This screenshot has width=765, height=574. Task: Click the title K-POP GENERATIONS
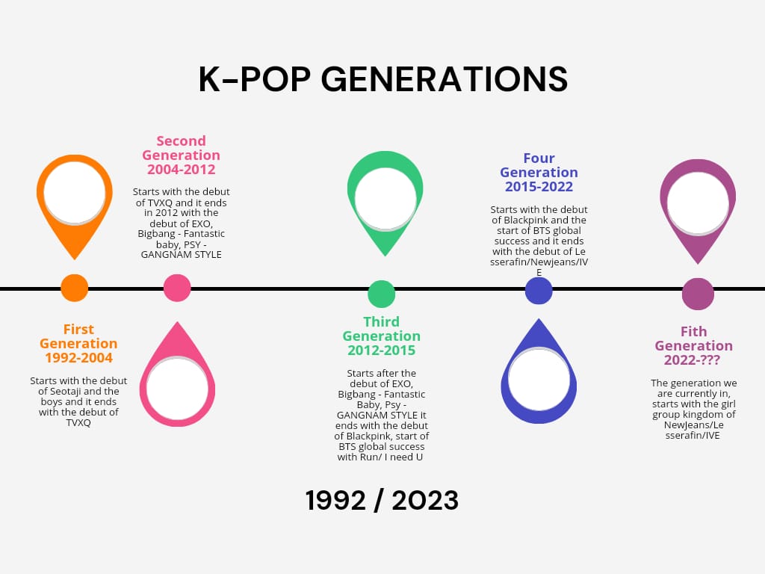[382, 80]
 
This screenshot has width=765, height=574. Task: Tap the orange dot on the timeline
[74, 288]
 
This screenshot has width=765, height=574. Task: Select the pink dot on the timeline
[177, 288]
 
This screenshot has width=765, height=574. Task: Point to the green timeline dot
[382, 294]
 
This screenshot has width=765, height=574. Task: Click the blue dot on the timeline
[539, 291]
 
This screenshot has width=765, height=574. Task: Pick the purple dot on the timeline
[698, 294]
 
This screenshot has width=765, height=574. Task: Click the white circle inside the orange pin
[75, 193]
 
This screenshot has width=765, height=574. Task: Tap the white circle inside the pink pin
[177, 388]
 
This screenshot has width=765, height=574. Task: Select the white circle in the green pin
[385, 200]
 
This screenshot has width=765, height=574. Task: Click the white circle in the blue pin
[539, 378]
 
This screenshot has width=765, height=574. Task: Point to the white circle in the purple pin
[698, 203]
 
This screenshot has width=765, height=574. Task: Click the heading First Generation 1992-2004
[78, 344]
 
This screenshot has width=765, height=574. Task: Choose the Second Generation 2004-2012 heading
[182, 155]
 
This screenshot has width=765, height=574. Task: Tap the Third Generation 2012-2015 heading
[382, 336]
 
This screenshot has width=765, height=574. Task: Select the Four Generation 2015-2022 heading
[539, 173]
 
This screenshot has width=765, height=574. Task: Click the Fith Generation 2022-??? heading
[693, 345]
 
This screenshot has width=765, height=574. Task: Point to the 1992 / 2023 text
[382, 501]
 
